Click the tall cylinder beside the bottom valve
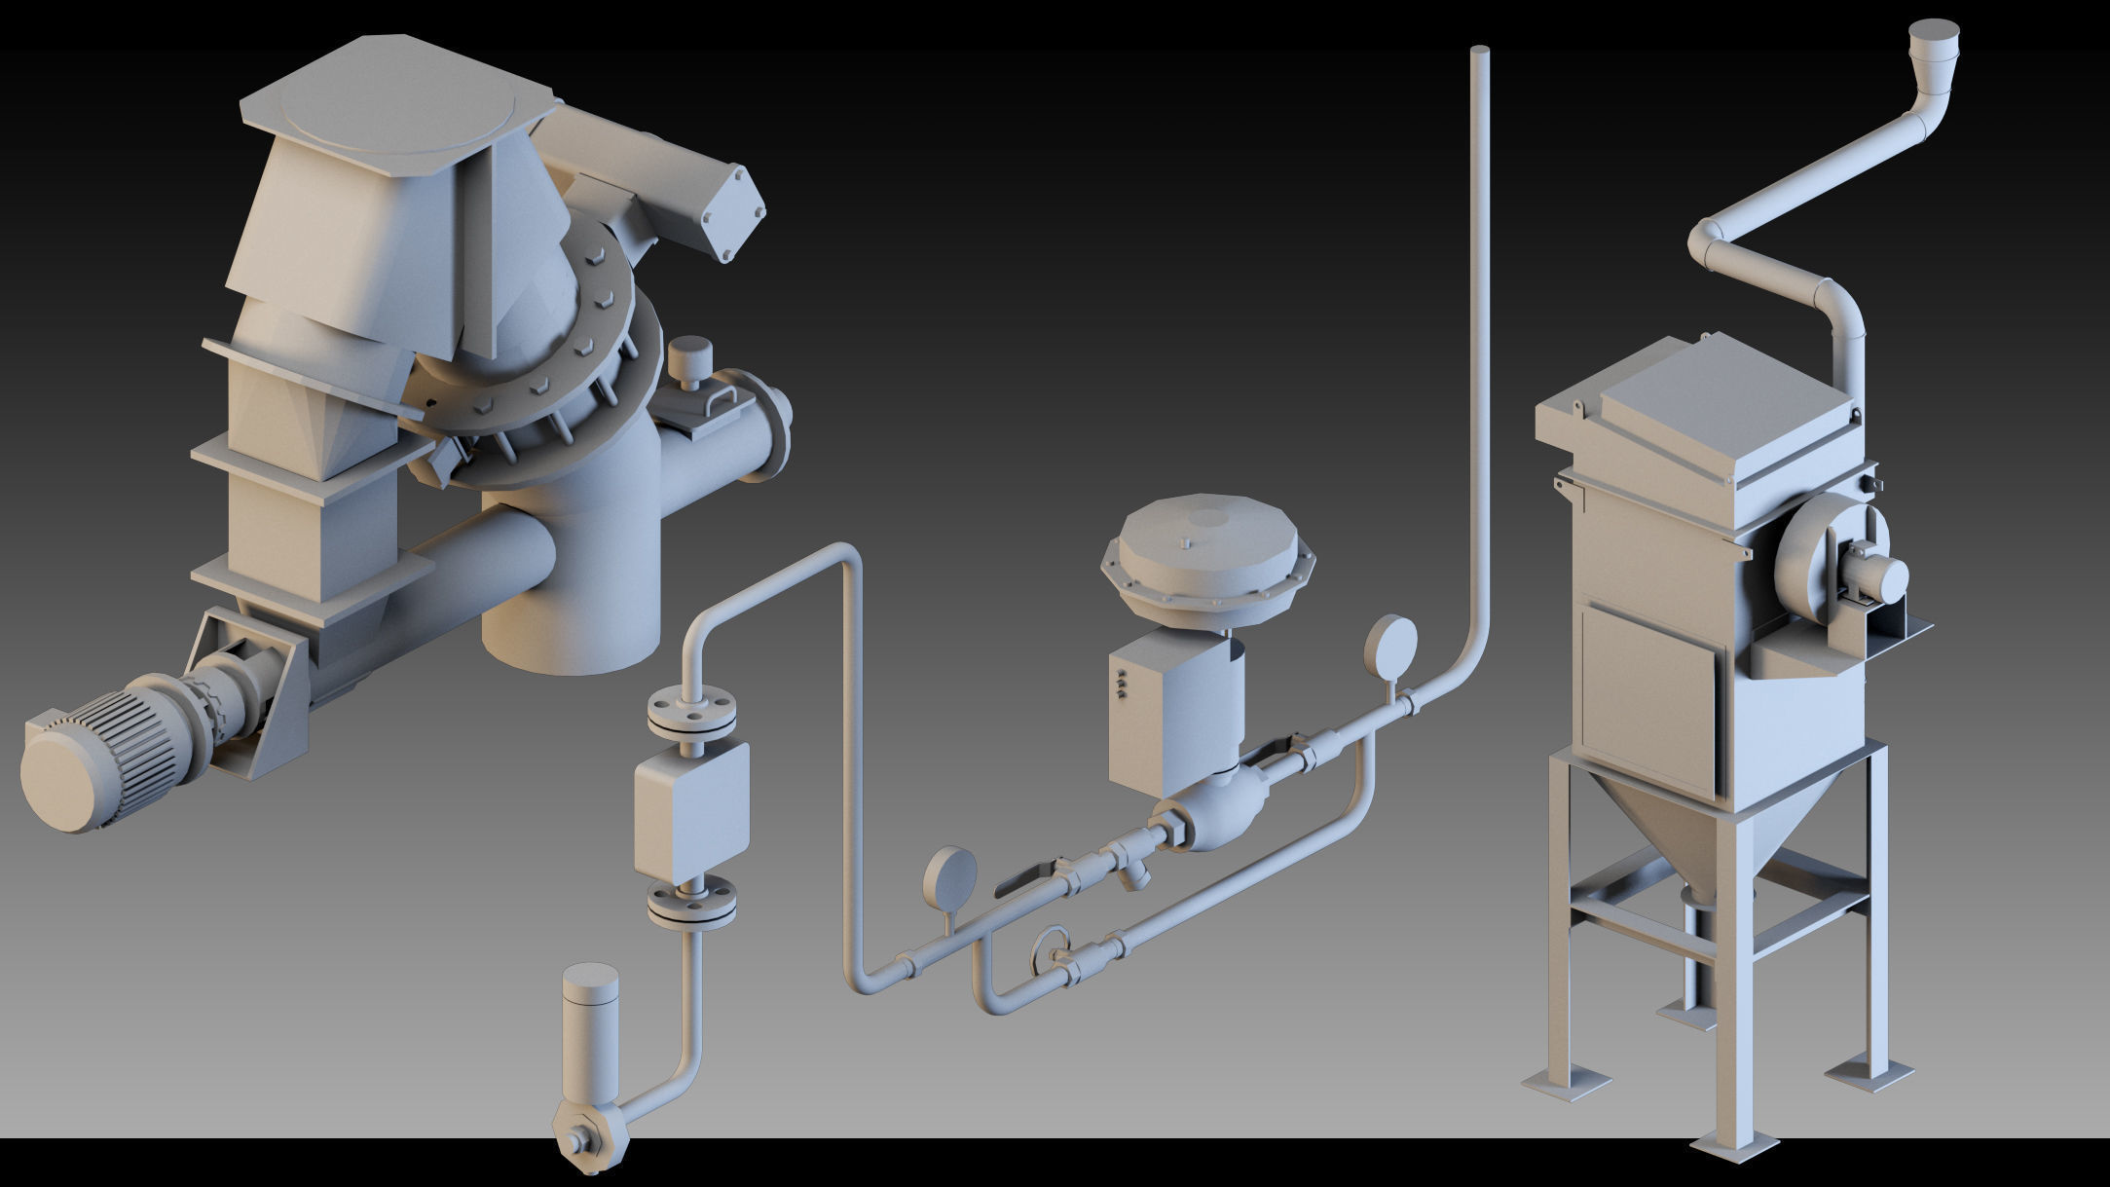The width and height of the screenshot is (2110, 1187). pos(591,1022)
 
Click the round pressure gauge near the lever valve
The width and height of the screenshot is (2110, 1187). pos(949,876)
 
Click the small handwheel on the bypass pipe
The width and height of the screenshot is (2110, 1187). pos(1053,949)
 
